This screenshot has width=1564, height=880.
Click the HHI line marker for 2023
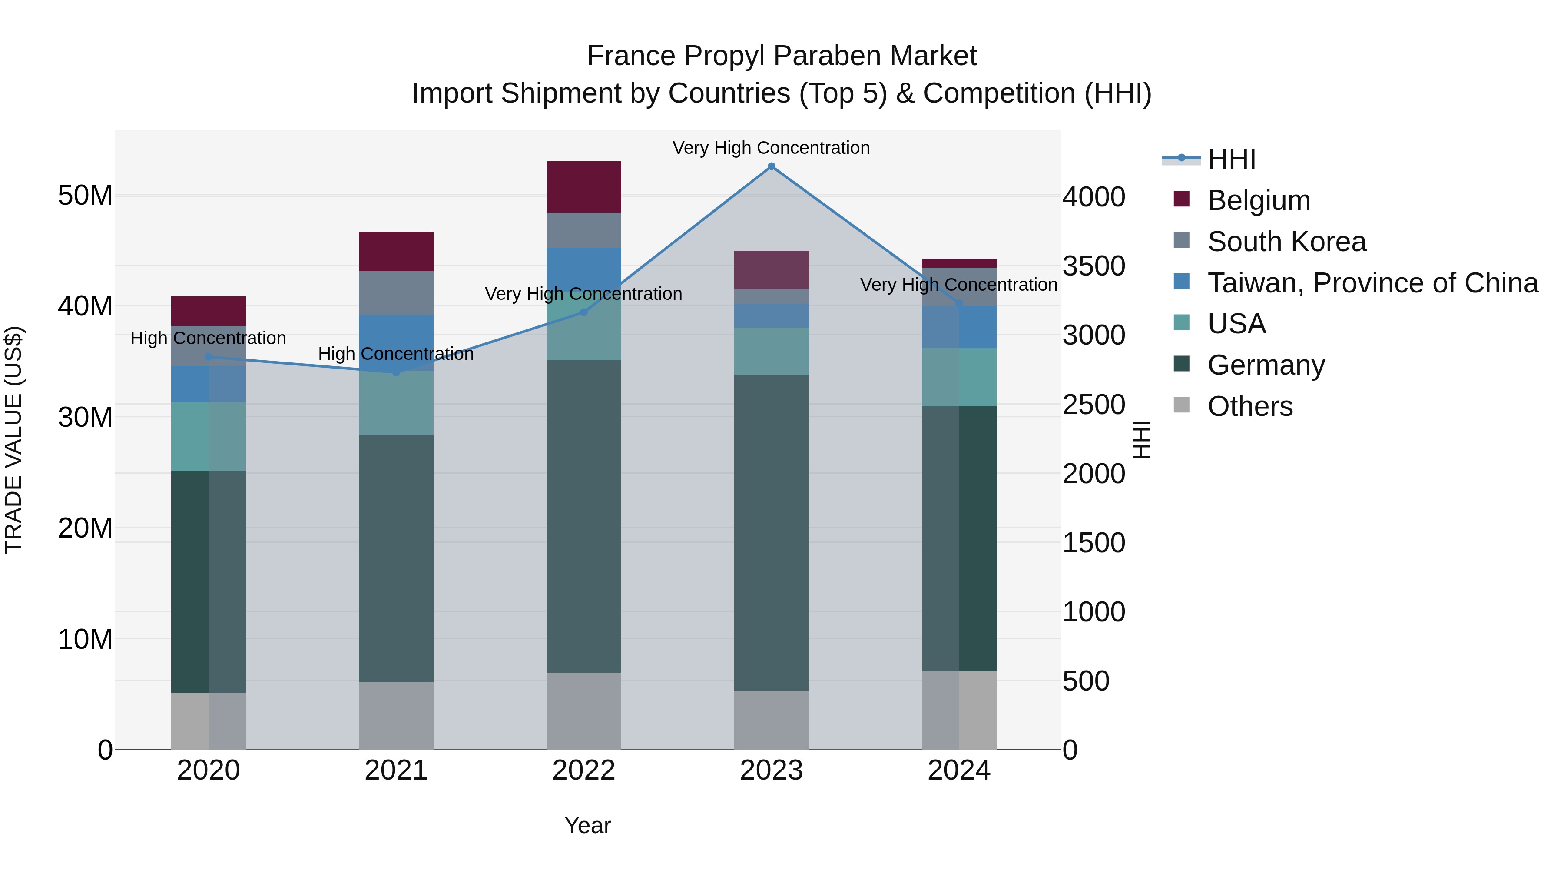[771, 166]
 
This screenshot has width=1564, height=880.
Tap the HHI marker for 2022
[583, 312]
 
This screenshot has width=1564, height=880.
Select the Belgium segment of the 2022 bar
[583, 186]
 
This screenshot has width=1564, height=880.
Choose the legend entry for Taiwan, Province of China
[1372, 282]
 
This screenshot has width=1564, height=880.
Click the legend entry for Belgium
[1258, 200]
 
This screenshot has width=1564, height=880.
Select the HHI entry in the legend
[1231, 159]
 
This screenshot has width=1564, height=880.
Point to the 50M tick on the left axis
[85, 196]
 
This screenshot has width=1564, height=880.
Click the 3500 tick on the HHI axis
[1093, 266]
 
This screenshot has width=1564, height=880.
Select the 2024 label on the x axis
[959, 770]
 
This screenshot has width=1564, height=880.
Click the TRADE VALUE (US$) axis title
[13, 440]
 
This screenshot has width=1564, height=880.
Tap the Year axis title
[587, 825]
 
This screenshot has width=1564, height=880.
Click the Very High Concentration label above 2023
[771, 148]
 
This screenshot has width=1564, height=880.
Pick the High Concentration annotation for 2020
[208, 338]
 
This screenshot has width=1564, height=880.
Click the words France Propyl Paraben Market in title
[782, 56]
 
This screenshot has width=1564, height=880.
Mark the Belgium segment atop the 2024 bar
[959, 263]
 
